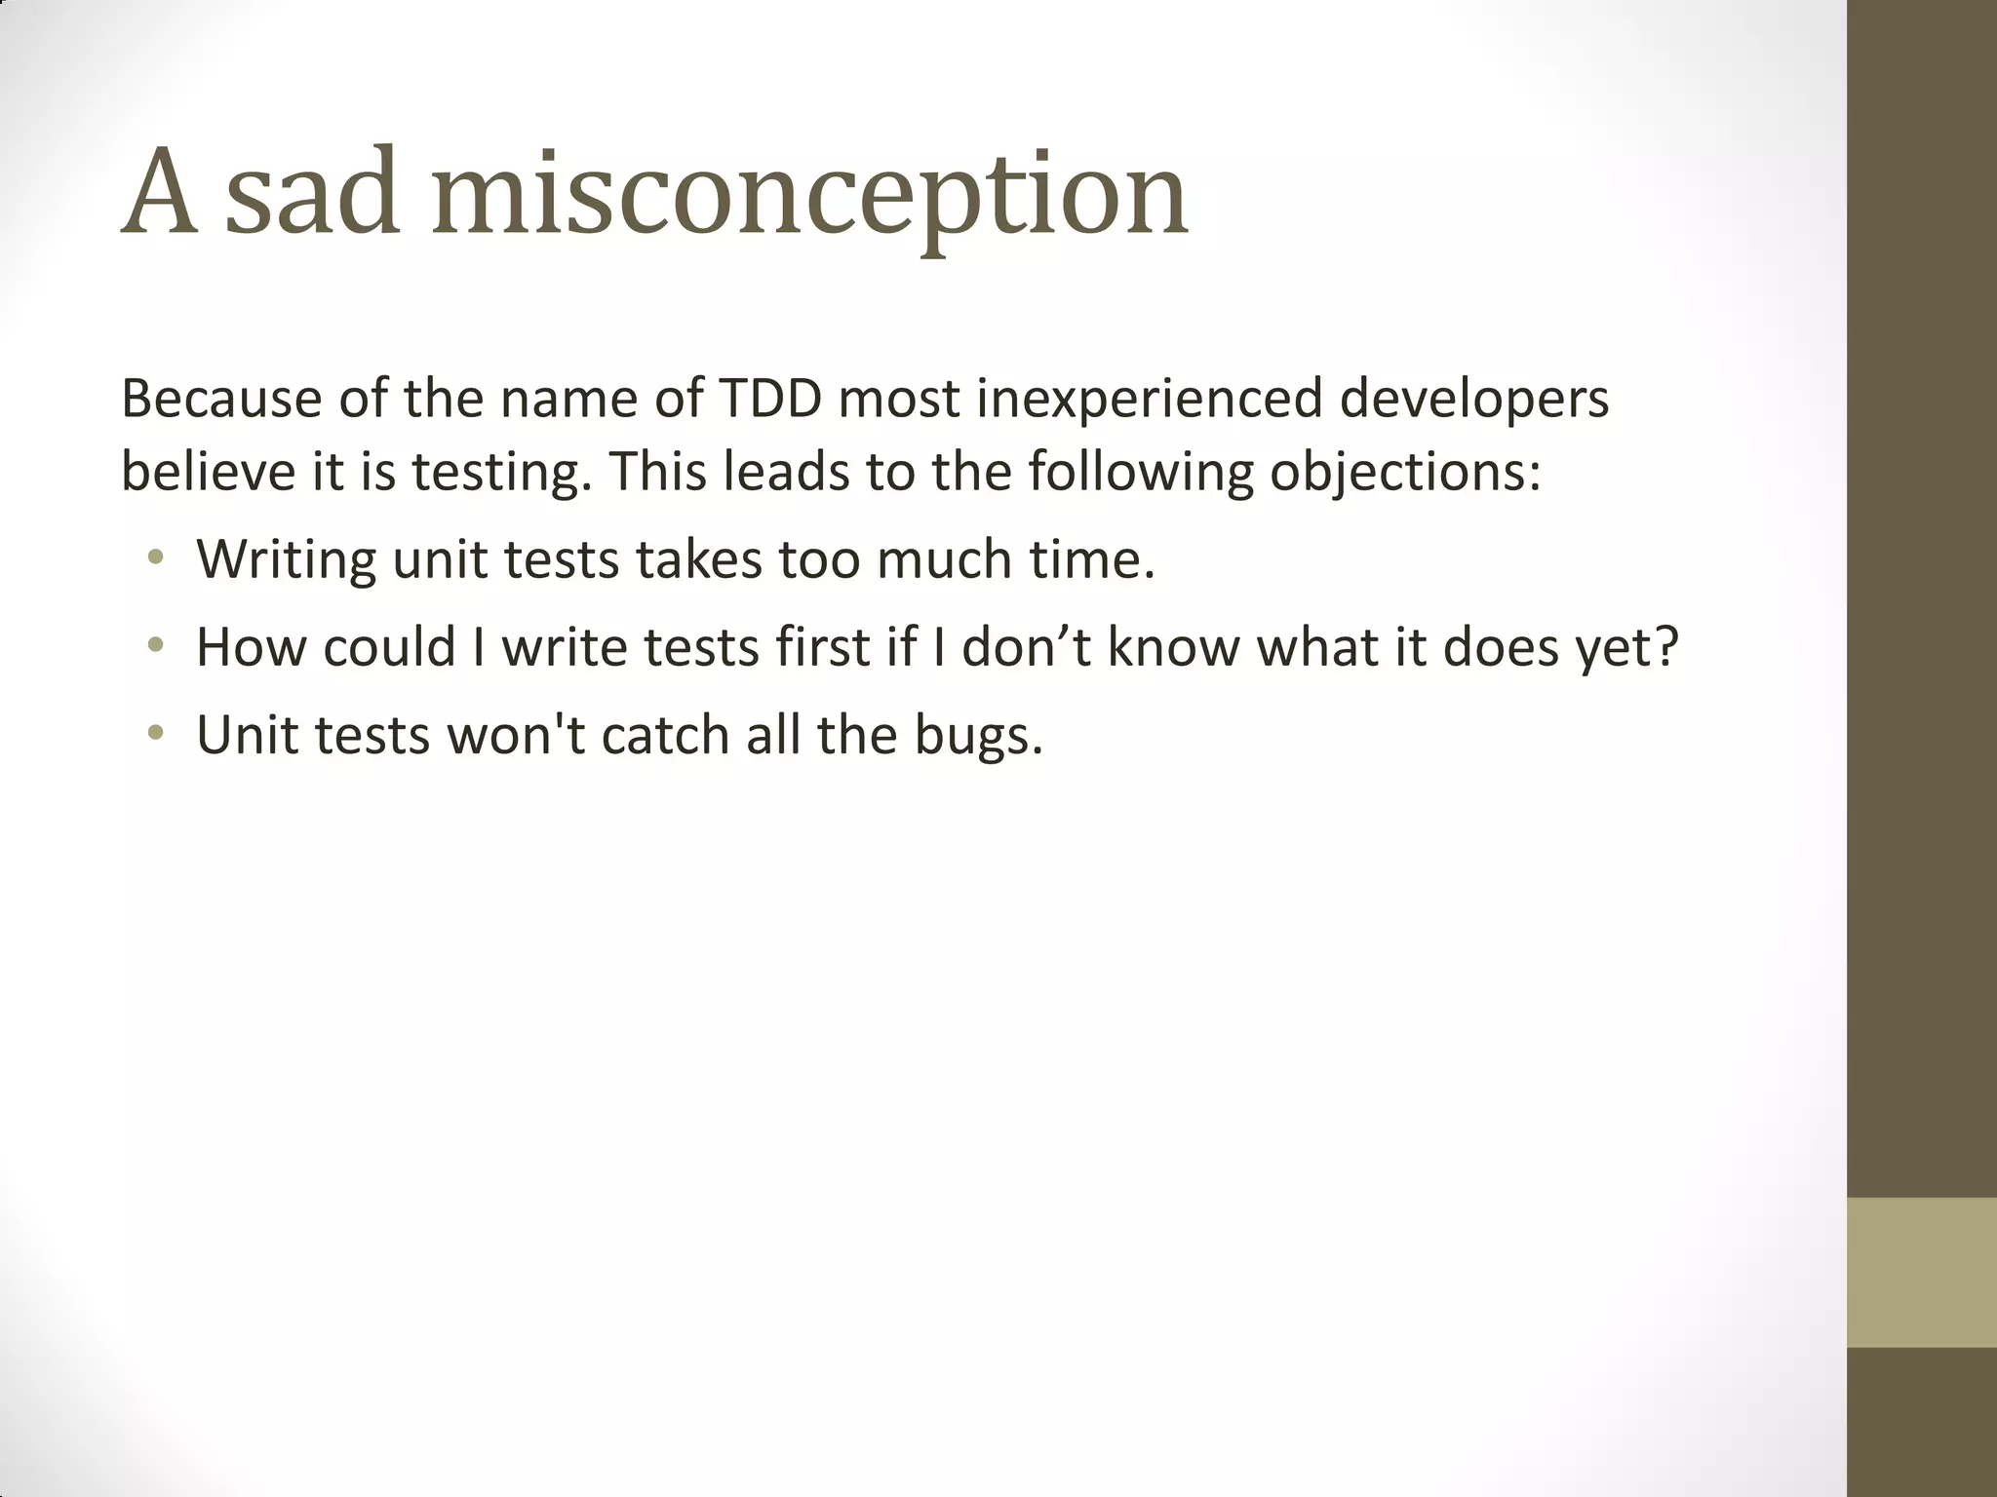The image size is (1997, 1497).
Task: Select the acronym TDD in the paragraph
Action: pyautogui.click(x=769, y=400)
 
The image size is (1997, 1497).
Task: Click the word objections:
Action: pyautogui.click(x=1405, y=474)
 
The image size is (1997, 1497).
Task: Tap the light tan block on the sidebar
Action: pyautogui.click(x=1922, y=1272)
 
